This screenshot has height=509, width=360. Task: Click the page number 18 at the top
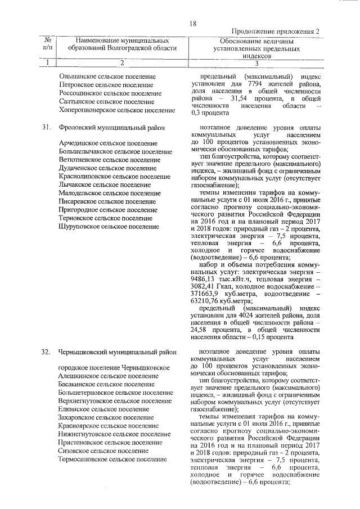pos(192,24)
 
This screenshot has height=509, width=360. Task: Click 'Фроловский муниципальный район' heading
pos(111,128)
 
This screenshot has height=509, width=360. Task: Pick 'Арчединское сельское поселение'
pos(108,144)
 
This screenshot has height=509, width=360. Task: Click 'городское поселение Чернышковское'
pos(114,367)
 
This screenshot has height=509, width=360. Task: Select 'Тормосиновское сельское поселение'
pos(112,459)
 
